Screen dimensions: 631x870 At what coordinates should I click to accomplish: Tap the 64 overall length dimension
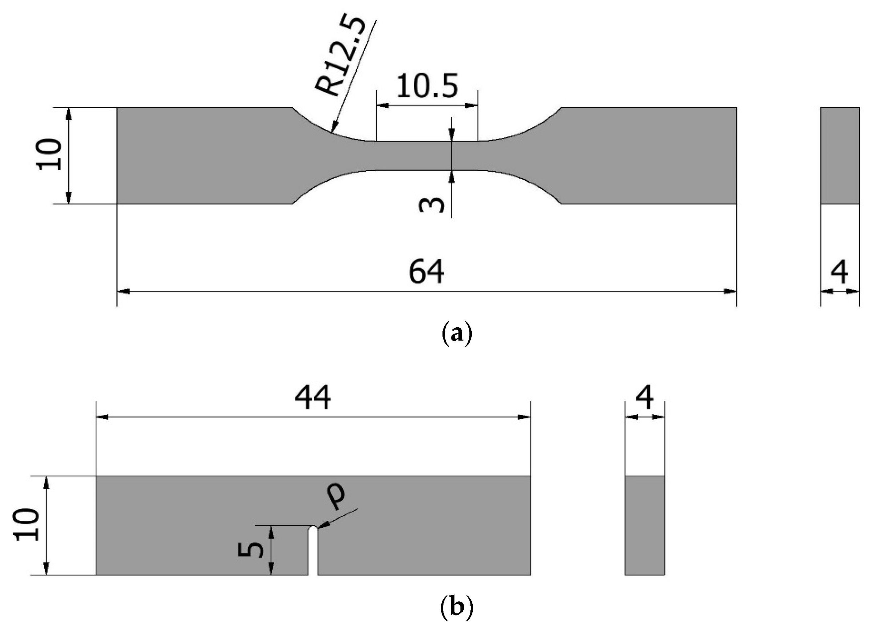[426, 271]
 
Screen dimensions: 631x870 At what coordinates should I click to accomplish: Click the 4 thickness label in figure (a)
[839, 272]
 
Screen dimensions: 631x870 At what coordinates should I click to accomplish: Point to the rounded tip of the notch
[313, 529]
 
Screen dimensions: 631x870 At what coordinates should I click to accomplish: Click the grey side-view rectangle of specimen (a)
[839, 155]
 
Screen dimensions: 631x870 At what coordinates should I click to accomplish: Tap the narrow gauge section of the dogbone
[427, 155]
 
